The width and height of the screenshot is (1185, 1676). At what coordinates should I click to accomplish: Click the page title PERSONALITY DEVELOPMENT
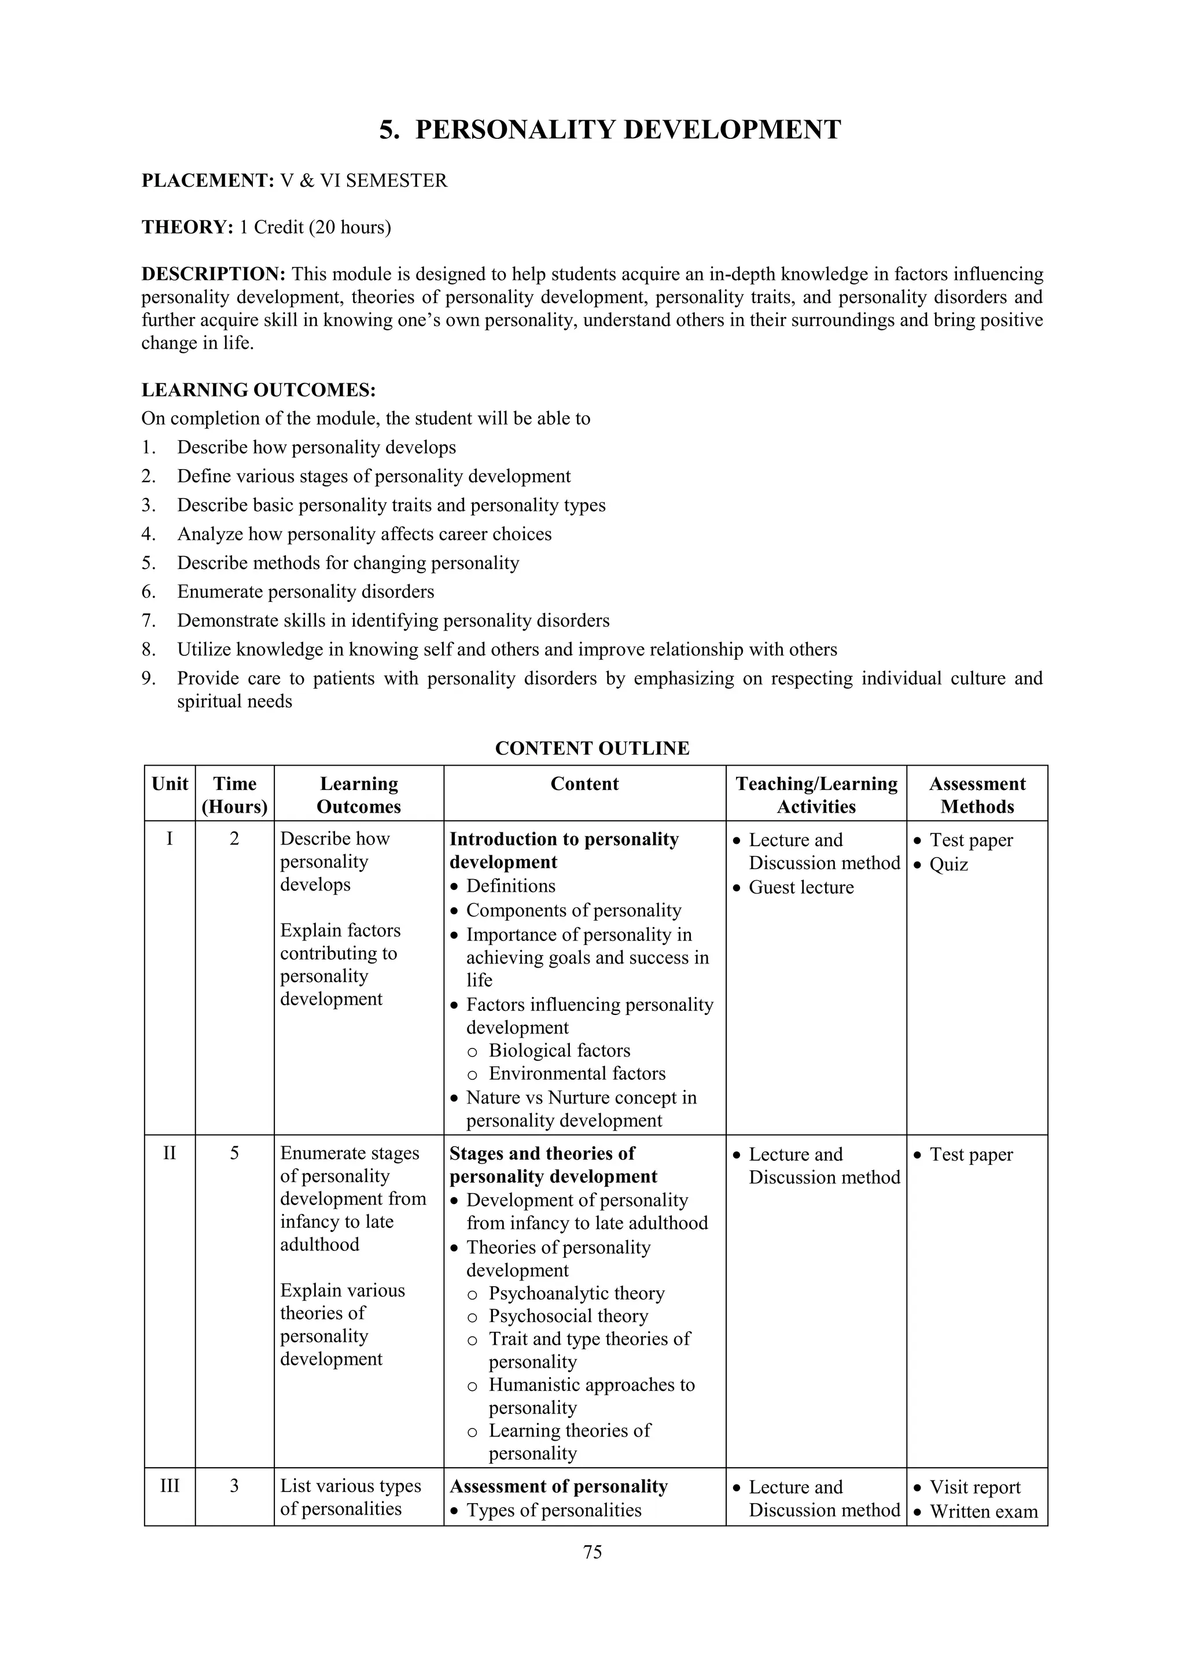click(x=610, y=130)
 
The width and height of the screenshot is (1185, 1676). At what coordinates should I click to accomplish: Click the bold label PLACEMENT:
click(x=207, y=180)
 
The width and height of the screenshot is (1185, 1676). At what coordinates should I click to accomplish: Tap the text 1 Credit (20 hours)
click(x=315, y=227)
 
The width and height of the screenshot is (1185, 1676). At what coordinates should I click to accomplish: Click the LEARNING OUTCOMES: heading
click(x=259, y=390)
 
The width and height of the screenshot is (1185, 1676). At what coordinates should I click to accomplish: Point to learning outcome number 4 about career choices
click(x=363, y=534)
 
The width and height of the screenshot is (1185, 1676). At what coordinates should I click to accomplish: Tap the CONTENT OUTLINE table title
click(x=591, y=748)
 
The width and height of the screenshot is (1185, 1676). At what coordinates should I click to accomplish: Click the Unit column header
click(x=170, y=784)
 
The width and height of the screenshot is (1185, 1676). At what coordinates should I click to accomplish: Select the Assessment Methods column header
click(x=976, y=795)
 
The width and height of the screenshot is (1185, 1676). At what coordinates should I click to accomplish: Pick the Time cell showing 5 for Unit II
click(x=234, y=1153)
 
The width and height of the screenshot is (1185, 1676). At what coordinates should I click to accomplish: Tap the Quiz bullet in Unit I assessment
click(x=948, y=864)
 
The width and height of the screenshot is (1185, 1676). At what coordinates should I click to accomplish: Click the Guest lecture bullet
click(x=800, y=887)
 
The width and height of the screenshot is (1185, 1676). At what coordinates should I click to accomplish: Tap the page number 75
click(x=592, y=1552)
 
